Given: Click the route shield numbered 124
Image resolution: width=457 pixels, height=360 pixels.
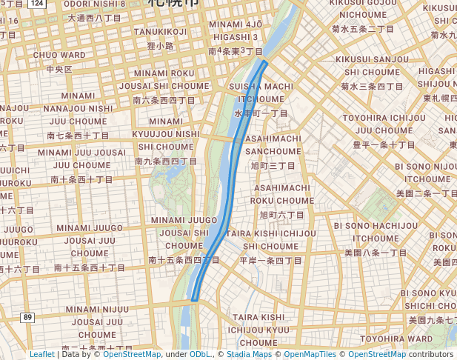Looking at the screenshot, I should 38,4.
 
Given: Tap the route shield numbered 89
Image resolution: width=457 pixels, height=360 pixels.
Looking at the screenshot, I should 28,317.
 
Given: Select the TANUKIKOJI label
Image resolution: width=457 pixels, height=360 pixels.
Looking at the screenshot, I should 161,31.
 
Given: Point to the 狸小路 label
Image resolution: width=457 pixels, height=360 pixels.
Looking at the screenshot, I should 160,45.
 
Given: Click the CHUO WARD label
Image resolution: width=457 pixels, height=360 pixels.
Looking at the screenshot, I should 59,55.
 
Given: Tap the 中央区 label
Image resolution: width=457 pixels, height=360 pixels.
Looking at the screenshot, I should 59,69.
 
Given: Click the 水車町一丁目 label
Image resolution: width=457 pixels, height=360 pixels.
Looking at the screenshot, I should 261,113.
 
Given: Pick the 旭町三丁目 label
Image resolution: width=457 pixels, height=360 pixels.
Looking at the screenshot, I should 273,165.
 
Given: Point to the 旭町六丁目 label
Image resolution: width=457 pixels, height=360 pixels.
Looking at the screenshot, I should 281,214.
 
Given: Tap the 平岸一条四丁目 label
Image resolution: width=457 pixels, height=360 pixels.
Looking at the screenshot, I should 271,261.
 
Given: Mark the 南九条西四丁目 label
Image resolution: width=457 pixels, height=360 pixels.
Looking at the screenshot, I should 168,160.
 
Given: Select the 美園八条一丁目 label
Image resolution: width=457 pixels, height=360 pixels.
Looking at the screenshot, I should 376,252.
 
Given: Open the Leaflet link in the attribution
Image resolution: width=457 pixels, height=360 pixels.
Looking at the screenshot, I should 41,354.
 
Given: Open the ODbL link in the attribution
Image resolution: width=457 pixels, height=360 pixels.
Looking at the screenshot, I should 200,354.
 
